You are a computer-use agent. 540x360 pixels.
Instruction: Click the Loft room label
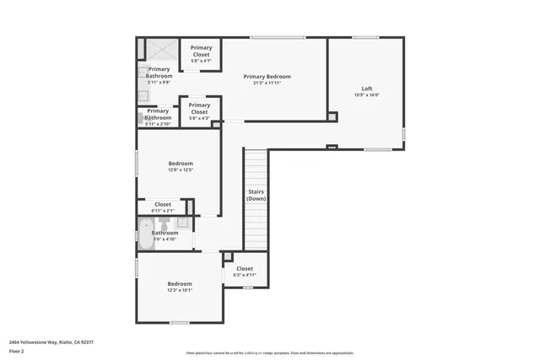click(x=366, y=89)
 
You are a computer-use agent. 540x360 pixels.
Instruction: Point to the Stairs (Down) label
click(x=256, y=195)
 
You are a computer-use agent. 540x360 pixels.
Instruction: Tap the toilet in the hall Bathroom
click(x=165, y=223)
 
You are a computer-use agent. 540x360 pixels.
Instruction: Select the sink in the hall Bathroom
click(x=181, y=223)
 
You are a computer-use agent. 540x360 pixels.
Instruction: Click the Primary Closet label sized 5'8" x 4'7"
click(x=201, y=51)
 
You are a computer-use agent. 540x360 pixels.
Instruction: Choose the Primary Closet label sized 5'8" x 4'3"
click(x=199, y=109)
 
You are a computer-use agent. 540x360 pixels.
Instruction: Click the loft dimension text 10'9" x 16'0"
click(x=366, y=95)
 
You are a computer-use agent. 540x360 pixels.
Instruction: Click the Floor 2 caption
click(x=17, y=352)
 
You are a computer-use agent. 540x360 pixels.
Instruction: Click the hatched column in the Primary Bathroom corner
click(x=141, y=49)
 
